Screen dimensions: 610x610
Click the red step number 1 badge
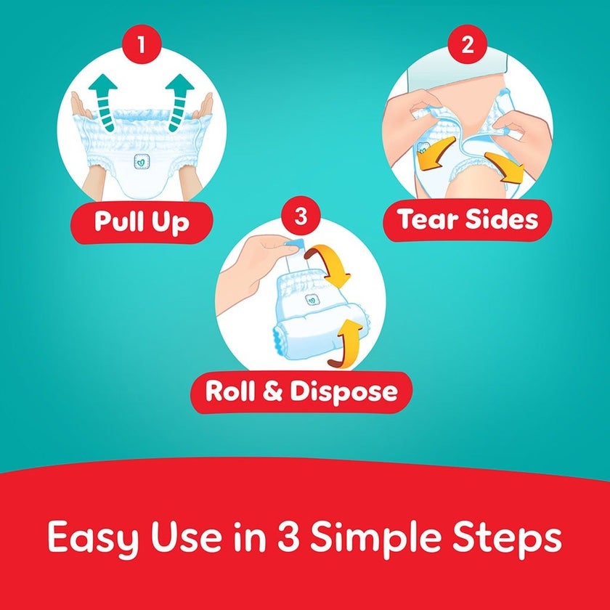pos(141,44)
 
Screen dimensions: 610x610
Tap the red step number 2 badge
pos(467,44)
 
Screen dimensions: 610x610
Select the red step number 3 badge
pos(301,216)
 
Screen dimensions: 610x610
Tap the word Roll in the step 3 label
pos(230,391)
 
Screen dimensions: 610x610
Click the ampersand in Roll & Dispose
pos(272,391)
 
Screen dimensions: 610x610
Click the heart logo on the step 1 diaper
pos(142,161)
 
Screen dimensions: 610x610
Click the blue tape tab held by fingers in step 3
pos(294,245)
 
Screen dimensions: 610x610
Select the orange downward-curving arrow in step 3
pos(330,266)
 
